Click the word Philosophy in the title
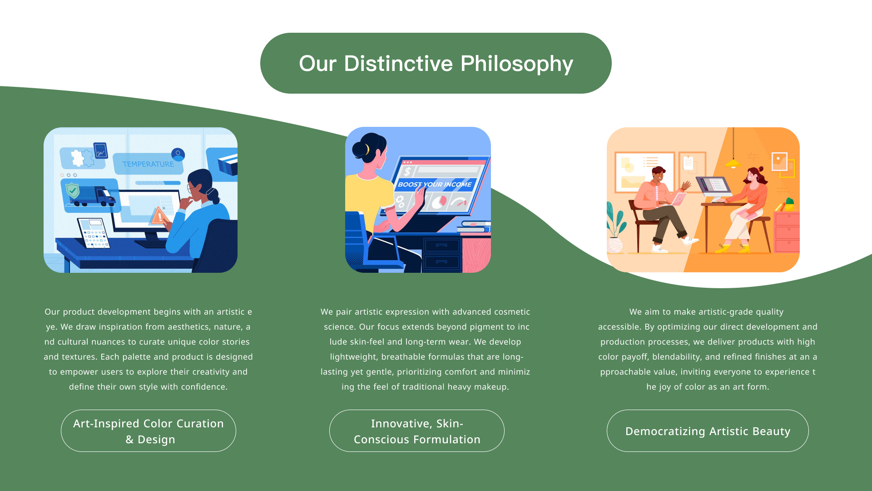pyautogui.click(x=516, y=64)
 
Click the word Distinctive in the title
pyautogui.click(x=398, y=64)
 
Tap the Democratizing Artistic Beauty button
pyautogui.click(x=708, y=431)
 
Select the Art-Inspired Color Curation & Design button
pyautogui.click(x=149, y=431)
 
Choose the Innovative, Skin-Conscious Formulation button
pyautogui.click(x=417, y=431)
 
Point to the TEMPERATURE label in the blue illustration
pyautogui.click(x=148, y=164)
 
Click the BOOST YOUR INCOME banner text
pyautogui.click(x=435, y=185)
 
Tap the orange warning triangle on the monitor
pyautogui.click(x=159, y=215)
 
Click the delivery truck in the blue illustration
pyautogui.click(x=94, y=196)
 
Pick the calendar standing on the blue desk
pyautogui.click(x=94, y=233)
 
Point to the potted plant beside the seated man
pyautogui.click(x=615, y=227)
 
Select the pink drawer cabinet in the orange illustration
pyautogui.click(x=787, y=232)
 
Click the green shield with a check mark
pyautogui.click(x=72, y=190)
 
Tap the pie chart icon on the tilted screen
pyautogui.click(x=439, y=201)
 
